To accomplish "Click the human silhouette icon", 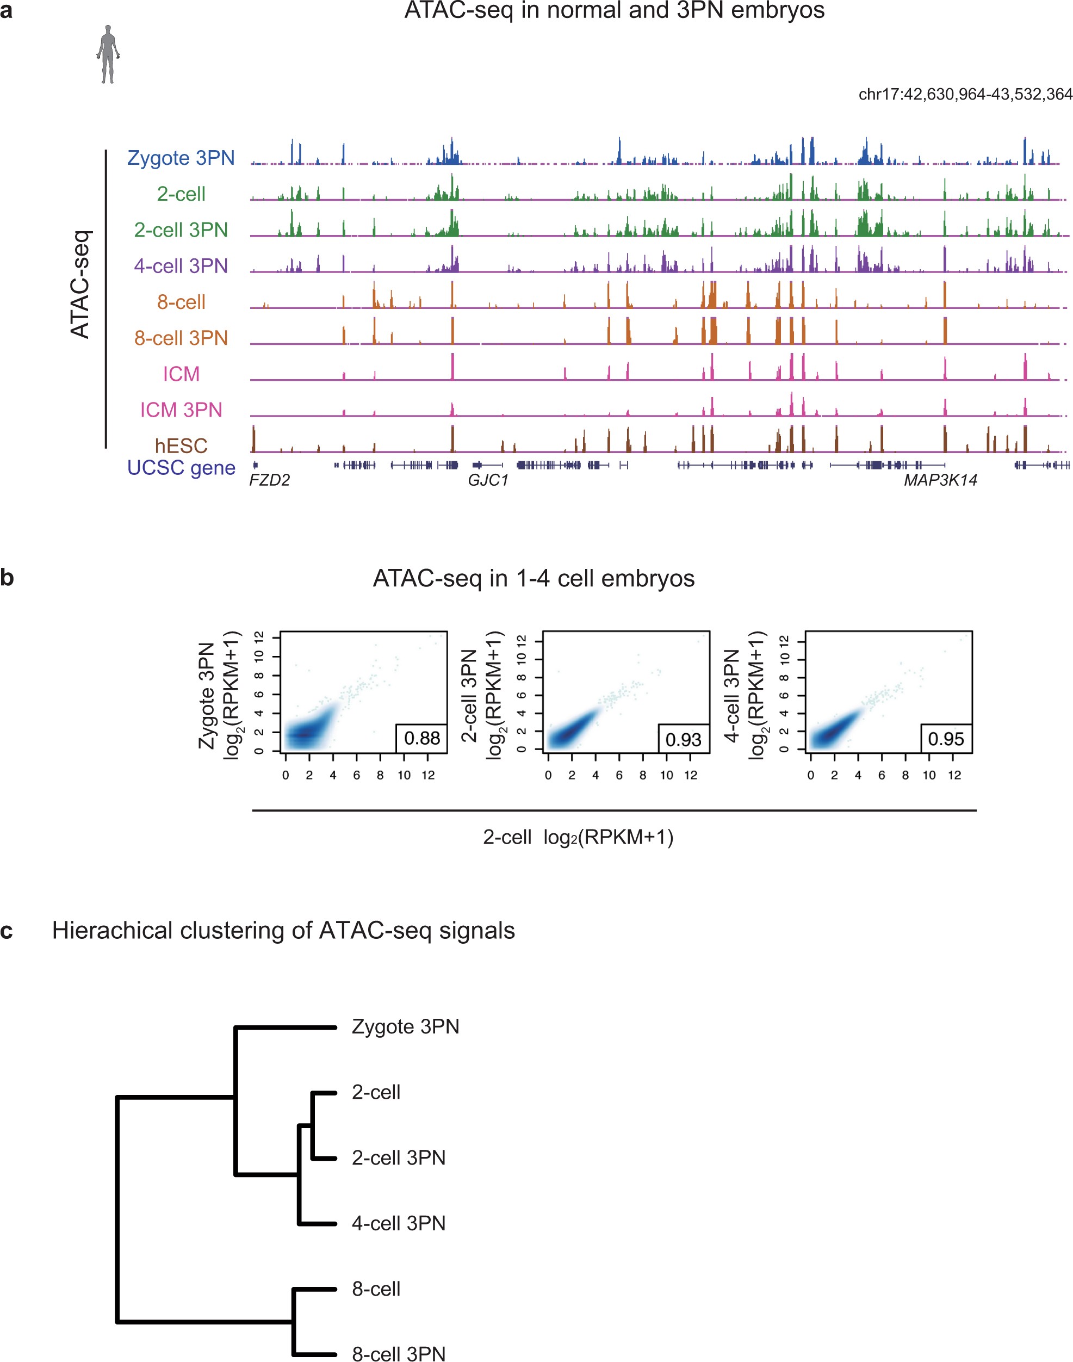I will pos(108,54).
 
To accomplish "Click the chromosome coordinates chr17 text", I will pos(964,94).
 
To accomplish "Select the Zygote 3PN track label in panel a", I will pos(181,158).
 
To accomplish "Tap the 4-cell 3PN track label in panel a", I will pos(181,266).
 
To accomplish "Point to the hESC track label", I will pos(181,445).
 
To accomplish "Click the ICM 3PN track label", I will pos(181,410).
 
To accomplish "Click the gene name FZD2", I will pos(270,480).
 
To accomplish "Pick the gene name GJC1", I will pos(487,480).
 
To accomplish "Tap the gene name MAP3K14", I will pos(940,480).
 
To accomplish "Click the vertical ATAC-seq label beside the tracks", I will pos(81,284).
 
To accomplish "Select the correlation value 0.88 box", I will pos(421,738).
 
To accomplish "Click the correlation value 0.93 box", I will pos(684,739).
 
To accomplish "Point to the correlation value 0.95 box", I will pos(946,739).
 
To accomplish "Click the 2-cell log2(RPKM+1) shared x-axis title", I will pos(578,837).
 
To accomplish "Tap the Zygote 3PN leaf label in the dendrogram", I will pos(405,1026).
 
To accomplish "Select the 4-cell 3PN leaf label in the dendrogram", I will pos(398,1223).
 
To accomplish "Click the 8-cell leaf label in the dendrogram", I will pos(376,1289).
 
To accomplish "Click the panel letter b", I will pos(7,577).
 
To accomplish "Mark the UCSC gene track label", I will pos(181,467).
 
